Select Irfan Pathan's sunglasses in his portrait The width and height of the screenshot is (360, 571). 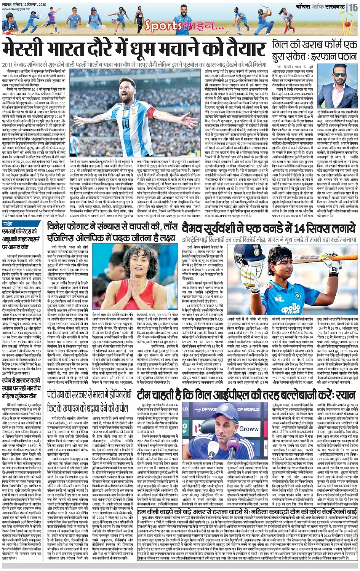click(x=340, y=83)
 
